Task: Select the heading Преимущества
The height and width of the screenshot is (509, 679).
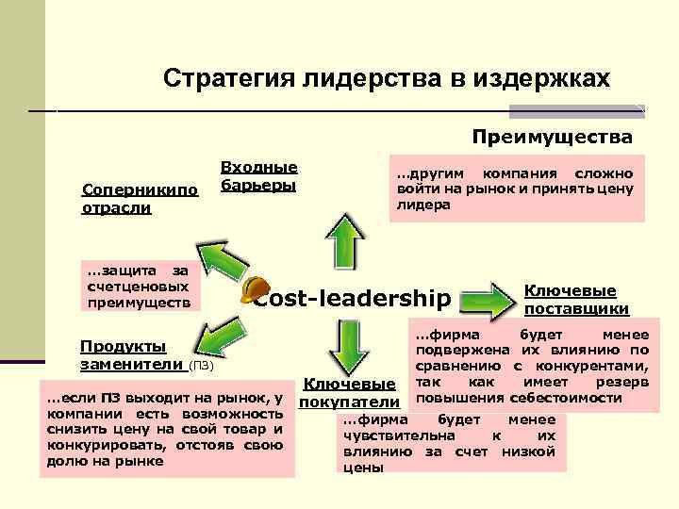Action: click(x=552, y=138)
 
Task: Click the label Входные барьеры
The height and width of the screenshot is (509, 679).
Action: click(x=258, y=175)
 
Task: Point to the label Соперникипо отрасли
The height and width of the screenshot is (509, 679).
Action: click(x=141, y=198)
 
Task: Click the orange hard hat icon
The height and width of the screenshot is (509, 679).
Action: click(x=253, y=290)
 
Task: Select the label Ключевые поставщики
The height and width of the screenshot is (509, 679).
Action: click(x=575, y=300)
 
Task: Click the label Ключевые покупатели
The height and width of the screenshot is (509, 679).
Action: click(x=349, y=393)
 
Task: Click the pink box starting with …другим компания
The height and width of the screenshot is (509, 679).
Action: click(x=514, y=189)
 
